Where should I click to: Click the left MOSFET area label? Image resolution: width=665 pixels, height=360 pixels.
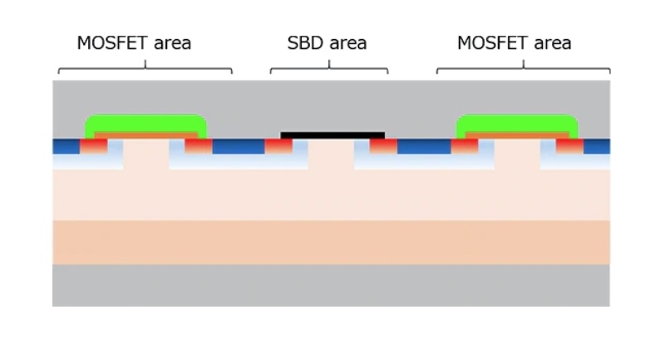(x=134, y=43)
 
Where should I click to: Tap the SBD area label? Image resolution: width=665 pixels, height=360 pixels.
(x=327, y=43)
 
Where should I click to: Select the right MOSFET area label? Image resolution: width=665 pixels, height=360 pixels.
(x=514, y=43)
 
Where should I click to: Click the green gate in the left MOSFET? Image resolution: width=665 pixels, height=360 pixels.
(x=145, y=122)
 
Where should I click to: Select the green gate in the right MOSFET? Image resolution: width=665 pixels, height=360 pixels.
(x=517, y=122)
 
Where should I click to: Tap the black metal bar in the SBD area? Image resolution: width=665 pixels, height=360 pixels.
(x=332, y=135)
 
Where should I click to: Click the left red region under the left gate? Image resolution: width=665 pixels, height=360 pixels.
(x=93, y=146)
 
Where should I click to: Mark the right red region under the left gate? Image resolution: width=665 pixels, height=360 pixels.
(x=199, y=146)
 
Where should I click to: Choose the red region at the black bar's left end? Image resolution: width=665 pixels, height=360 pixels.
(x=278, y=146)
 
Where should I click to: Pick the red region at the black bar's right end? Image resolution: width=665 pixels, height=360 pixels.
(x=383, y=146)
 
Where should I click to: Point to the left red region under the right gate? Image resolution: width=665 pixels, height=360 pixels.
(x=465, y=146)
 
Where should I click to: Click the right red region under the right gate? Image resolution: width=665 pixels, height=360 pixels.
(x=569, y=146)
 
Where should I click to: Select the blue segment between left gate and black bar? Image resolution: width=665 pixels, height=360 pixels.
(x=239, y=146)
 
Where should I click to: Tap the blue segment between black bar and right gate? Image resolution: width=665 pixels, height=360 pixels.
(x=424, y=146)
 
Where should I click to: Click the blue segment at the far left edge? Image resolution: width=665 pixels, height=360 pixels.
(x=66, y=146)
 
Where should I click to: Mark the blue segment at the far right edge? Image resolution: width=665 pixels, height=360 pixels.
(x=597, y=146)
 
